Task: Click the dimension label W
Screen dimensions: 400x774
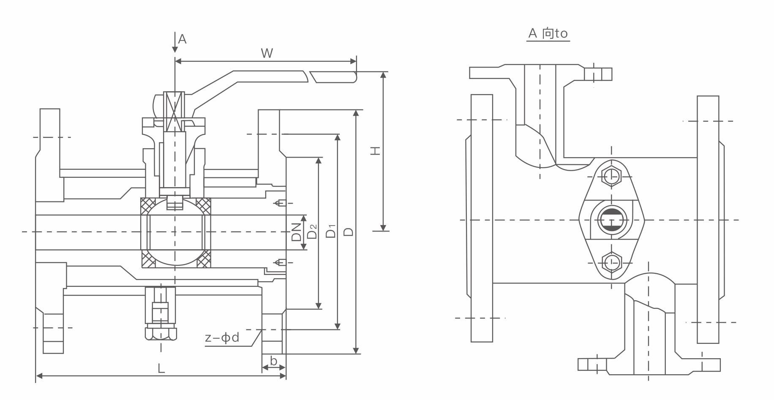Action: [x=267, y=53]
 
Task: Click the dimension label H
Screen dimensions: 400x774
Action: [x=375, y=151]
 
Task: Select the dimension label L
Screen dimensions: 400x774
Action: [x=161, y=368]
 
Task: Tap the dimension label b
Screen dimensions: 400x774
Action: [x=274, y=361]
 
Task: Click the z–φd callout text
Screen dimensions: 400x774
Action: [x=222, y=337]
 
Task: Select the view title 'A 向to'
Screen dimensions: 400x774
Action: [x=548, y=33]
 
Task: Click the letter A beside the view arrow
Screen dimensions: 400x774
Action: [x=182, y=39]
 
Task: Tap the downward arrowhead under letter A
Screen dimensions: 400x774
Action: [x=175, y=50]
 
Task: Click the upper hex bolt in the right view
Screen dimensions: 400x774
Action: [x=611, y=176]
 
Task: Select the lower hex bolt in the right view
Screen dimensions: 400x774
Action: [x=611, y=263]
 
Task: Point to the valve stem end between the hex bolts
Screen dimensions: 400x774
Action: [x=611, y=220]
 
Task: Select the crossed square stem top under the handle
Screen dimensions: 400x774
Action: [x=174, y=111]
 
